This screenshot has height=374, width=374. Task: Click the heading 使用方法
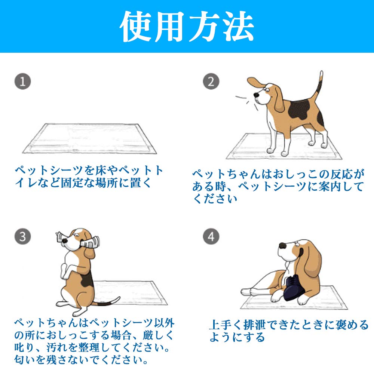click(x=187, y=26)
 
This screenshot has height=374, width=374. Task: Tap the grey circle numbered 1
click(x=23, y=81)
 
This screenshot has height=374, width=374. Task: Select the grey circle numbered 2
click(x=211, y=81)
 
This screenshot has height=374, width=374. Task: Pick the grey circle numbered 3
click(x=23, y=236)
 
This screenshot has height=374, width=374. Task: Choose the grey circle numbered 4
click(x=211, y=236)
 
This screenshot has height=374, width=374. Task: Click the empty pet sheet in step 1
click(x=89, y=138)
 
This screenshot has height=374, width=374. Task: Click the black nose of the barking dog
click(x=256, y=95)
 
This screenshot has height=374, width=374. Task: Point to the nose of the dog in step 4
click(x=283, y=246)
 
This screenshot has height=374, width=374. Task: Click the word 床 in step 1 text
click(x=100, y=170)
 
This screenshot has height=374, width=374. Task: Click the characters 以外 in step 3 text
click(x=164, y=323)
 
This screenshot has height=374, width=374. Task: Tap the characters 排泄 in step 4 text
click(x=255, y=325)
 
